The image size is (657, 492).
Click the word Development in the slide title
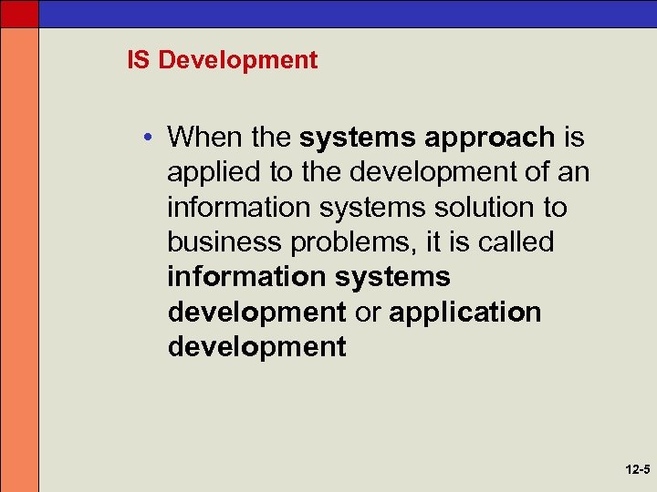(237, 61)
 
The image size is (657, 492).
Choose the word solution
(482, 208)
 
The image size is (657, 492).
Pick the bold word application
(465, 313)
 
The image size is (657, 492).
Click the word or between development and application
(367, 313)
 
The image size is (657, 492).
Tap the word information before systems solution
(232, 208)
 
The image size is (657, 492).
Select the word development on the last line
(257, 347)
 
